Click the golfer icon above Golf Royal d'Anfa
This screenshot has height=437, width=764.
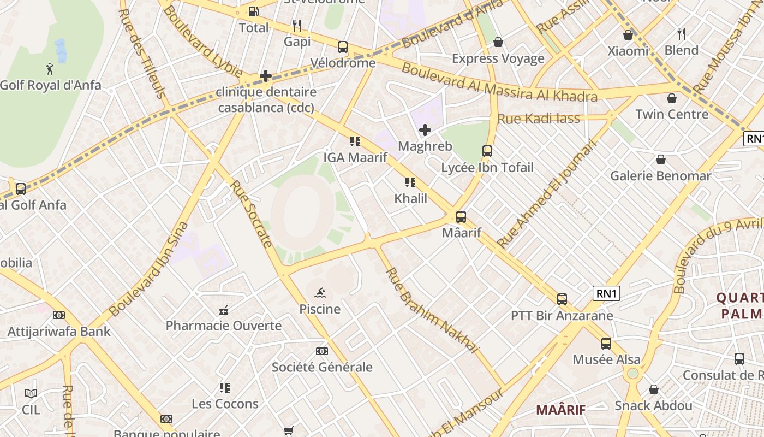pos(50,69)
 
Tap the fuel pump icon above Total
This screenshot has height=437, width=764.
pos(253,11)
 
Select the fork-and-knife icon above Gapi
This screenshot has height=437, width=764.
pos(297,25)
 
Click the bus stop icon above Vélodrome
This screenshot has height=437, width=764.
pos(343,47)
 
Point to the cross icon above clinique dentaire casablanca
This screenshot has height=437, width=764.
pos(266,76)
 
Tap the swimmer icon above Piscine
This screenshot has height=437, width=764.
pos(320,292)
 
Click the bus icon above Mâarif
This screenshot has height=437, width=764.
pos(461,217)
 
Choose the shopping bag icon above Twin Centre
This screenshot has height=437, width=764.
pos(672,98)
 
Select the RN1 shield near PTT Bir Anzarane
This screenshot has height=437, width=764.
pos(606,293)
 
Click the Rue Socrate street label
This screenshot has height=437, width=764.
pos(252,214)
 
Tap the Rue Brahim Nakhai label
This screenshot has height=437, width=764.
pos(432,310)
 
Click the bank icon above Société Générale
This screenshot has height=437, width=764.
pos(322,351)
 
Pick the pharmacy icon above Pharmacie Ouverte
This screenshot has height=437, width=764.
pos(223,310)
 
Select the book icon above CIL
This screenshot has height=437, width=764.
pos(31,393)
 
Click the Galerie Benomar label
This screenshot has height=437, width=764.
pos(660,176)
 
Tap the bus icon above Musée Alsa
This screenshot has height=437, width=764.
pos(606,344)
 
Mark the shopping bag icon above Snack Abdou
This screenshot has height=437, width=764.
pos(653,389)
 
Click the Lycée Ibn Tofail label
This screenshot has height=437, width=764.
pos(487,168)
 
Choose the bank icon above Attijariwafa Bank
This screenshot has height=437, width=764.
pos(58,315)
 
